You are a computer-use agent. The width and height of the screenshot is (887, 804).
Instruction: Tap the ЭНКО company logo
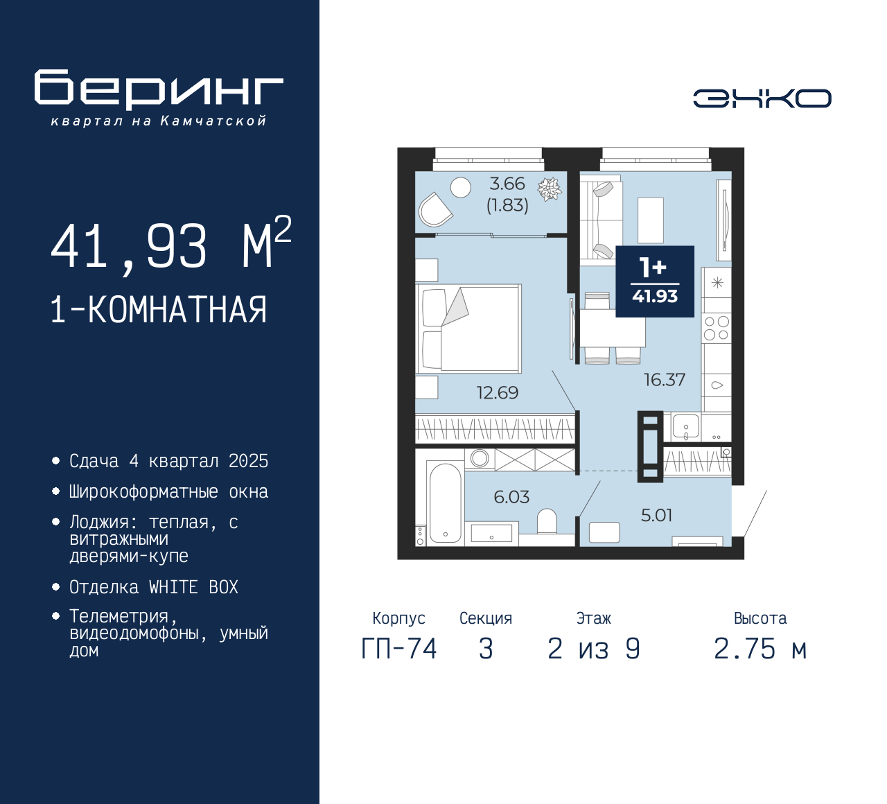762,98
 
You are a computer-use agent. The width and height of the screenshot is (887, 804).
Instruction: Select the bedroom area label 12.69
497,393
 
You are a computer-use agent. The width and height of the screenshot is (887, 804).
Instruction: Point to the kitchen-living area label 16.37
664,380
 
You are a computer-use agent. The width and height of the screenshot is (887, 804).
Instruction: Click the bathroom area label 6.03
511,497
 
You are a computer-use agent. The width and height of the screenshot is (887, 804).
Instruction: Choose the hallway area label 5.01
656,515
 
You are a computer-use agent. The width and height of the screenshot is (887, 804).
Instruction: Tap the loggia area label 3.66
507,184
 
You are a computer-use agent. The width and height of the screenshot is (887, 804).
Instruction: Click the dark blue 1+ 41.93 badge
655,281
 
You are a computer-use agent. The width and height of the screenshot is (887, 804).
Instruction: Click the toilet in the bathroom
547,521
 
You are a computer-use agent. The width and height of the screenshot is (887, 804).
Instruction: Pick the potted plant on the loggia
550,189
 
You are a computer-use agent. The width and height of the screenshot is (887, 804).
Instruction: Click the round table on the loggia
461,187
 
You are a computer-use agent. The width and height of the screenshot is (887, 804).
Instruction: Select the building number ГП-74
399,649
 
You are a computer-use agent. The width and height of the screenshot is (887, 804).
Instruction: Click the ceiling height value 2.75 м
760,649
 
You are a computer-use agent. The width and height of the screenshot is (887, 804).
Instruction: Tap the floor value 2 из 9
594,649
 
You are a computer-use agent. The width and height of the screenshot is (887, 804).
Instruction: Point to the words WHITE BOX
193,587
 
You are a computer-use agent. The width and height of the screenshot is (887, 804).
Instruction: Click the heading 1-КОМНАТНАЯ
159,310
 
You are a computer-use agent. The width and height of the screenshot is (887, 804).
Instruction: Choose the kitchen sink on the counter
685,426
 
